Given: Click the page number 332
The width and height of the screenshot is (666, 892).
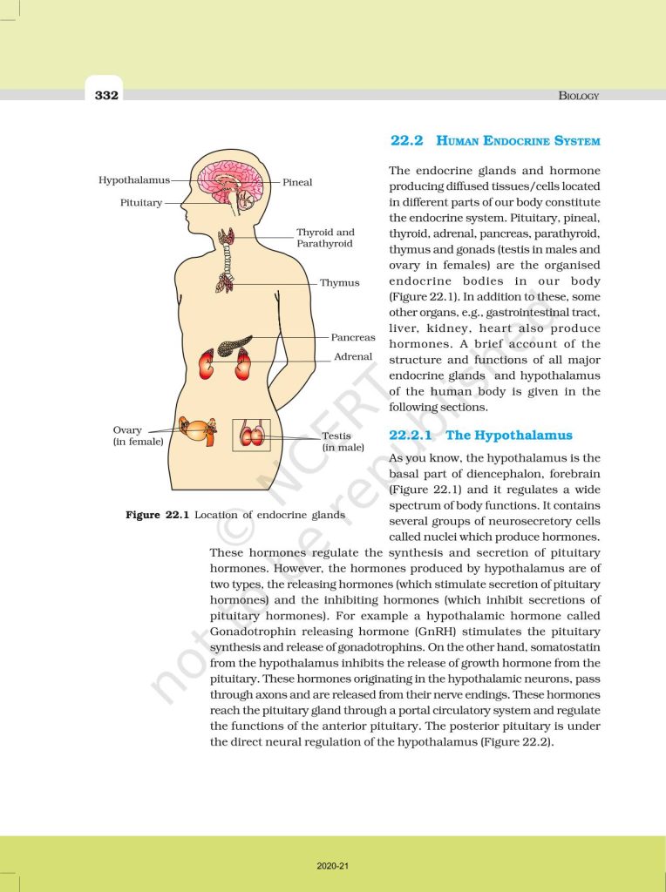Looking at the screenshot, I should tap(106, 95).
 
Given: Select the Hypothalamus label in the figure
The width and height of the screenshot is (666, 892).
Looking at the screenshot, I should tap(133, 180).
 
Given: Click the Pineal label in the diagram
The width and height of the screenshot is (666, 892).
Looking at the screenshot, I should tap(297, 183).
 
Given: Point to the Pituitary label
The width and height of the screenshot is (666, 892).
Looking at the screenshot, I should tap(141, 203).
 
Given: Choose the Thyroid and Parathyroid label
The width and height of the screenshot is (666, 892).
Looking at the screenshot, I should tap(325, 238).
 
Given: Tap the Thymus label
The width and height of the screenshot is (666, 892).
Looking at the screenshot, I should tap(339, 283).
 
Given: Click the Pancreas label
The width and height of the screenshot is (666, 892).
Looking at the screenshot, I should tap(352, 337).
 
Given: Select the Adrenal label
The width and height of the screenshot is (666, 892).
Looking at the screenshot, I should tap(353, 356).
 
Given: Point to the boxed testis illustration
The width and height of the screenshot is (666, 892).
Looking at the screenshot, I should tap(252, 435).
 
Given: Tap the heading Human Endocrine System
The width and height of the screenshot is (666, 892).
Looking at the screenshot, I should tap(495, 140).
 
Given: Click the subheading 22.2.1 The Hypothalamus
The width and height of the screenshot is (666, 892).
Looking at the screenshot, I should tap(480, 435).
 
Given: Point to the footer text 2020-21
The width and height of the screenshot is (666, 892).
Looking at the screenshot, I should tap(333, 866).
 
